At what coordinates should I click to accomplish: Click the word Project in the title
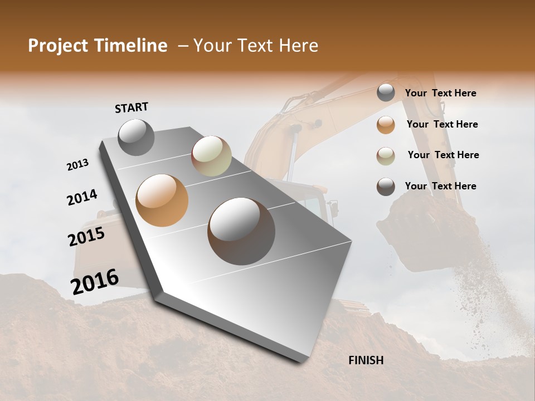[x=59, y=46]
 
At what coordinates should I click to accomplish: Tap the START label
[x=132, y=107]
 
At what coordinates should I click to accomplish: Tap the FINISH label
[x=366, y=360]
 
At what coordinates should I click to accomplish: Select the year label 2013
[x=78, y=165]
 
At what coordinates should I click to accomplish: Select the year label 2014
[x=82, y=197]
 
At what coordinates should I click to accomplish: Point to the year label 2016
[x=95, y=281]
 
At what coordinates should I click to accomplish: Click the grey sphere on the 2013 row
[x=137, y=138]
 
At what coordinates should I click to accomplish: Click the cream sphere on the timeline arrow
[x=211, y=156]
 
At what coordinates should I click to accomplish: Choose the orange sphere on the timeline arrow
[x=162, y=200]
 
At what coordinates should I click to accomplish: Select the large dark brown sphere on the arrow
[x=241, y=231]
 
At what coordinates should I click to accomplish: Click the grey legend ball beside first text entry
[x=386, y=93]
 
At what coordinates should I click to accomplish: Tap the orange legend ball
[x=386, y=124]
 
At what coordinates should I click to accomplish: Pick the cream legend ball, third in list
[x=386, y=155]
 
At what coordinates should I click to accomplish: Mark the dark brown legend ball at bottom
[x=386, y=187]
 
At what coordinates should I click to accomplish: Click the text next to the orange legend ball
[x=442, y=124]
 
